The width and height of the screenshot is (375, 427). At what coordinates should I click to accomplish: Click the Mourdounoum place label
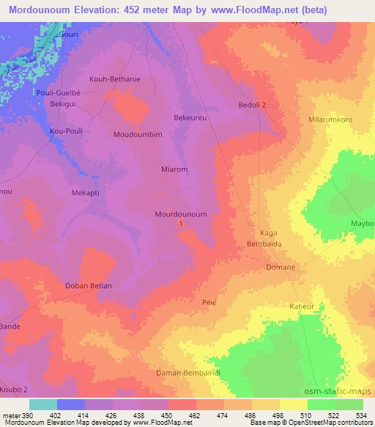pos(181,214)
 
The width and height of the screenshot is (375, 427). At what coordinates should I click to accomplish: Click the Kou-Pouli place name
pos(64,131)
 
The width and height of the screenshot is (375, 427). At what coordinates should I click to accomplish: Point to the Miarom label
pos(174,169)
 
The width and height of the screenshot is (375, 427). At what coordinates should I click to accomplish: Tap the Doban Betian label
pos(88,285)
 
